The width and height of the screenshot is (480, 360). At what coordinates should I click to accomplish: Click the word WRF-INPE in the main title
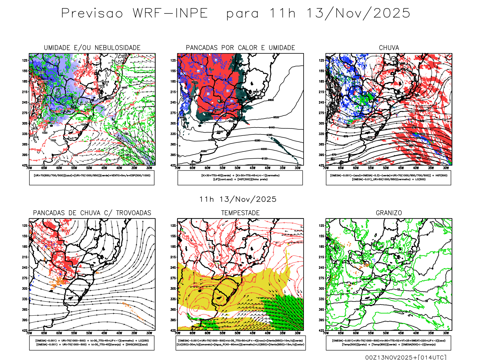pos(170,13)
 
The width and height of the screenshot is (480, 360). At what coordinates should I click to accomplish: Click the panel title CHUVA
pos(389,48)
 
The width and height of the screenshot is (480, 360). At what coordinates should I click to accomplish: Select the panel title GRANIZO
pos(389,213)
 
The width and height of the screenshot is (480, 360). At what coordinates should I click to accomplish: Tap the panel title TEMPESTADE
pos(240,213)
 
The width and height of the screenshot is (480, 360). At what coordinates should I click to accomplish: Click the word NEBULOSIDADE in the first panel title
pos(118,48)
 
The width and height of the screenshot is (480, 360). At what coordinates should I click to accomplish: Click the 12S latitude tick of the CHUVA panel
pos(322,60)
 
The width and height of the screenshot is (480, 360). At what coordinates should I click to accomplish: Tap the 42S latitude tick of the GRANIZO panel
pos(322,331)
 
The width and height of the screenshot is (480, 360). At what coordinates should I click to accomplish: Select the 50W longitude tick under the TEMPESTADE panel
pos(238,333)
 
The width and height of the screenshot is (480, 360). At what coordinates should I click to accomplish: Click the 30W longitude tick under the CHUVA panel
pos(446,168)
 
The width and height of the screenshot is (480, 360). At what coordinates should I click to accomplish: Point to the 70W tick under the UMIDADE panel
pos(29,168)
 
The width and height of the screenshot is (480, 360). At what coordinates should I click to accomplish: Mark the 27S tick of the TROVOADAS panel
pos(25,278)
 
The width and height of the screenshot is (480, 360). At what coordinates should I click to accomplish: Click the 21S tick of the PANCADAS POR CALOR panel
pos(173,92)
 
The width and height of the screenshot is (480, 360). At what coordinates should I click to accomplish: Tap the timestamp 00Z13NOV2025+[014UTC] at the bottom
pos(406,357)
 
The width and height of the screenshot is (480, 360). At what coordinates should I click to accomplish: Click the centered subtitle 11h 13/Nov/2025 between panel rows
pos(238,199)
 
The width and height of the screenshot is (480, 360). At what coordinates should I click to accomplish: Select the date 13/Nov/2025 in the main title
pos(358,13)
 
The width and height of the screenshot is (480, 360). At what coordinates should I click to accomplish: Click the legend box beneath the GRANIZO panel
pos(388,343)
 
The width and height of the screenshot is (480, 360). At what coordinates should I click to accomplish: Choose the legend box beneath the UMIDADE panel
pos(92,178)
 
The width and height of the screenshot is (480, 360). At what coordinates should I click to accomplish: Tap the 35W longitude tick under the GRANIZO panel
pos(431,333)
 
